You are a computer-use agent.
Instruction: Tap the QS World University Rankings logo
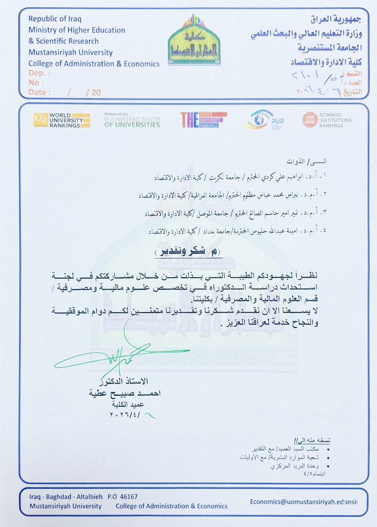[x=62, y=120]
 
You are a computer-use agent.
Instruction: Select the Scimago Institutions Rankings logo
[x=327, y=120]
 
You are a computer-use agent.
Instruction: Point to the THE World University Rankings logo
[x=204, y=119]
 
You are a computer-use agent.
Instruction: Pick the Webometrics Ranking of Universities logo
[x=132, y=120]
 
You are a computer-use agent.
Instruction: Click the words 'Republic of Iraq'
[x=55, y=19]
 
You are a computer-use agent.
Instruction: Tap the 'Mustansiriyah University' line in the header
[x=70, y=52]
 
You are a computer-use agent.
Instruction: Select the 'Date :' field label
[x=39, y=92]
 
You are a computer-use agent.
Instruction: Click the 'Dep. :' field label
[x=39, y=73]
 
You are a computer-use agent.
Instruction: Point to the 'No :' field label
[x=36, y=83]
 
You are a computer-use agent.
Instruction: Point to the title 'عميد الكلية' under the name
[x=129, y=404]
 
